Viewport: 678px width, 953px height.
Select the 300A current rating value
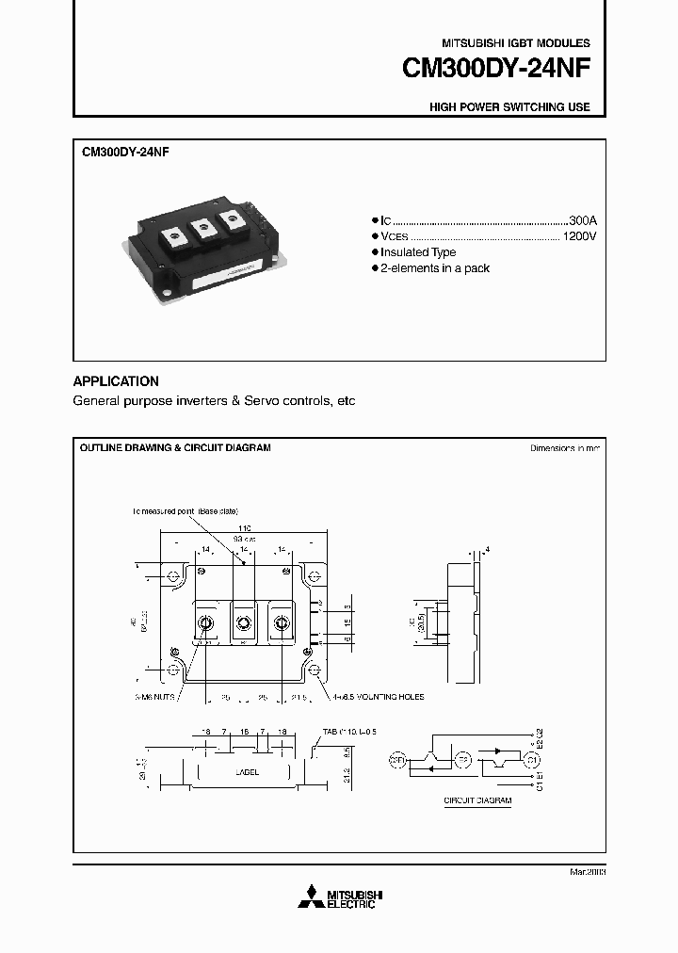click(x=583, y=219)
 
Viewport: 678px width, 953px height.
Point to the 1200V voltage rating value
click(x=579, y=236)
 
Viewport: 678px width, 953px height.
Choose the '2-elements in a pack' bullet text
click(x=434, y=268)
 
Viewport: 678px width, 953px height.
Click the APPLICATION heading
click(x=116, y=381)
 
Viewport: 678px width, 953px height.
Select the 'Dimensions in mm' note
click(x=564, y=448)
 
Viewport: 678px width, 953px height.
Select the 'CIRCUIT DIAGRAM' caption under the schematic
click(x=477, y=800)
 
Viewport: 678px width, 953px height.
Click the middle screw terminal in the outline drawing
click(x=244, y=622)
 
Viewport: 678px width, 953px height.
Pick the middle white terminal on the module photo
click(x=200, y=227)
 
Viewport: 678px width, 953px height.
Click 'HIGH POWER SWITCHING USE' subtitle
click(x=509, y=107)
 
